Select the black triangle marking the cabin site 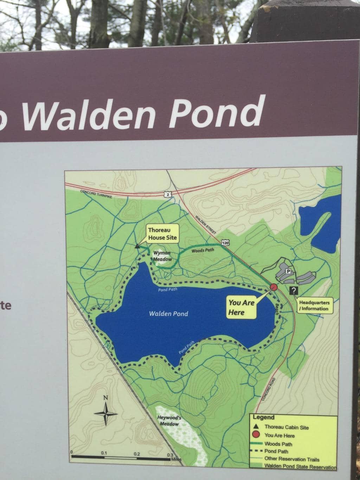pos(137,247)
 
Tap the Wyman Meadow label pos(162,256)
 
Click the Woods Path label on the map pos(202,251)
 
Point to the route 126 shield pos(226,242)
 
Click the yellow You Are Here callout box pos(242,307)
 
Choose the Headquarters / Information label pos(314,306)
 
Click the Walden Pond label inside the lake pos(168,314)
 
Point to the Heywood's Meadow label pos(169,421)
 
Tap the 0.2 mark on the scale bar pos(137,454)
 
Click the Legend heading pos(263,417)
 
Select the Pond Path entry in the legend pos(276,451)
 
